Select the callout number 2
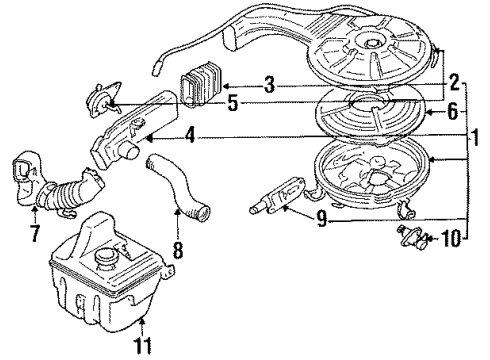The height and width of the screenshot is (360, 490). pyautogui.click(x=454, y=83)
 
